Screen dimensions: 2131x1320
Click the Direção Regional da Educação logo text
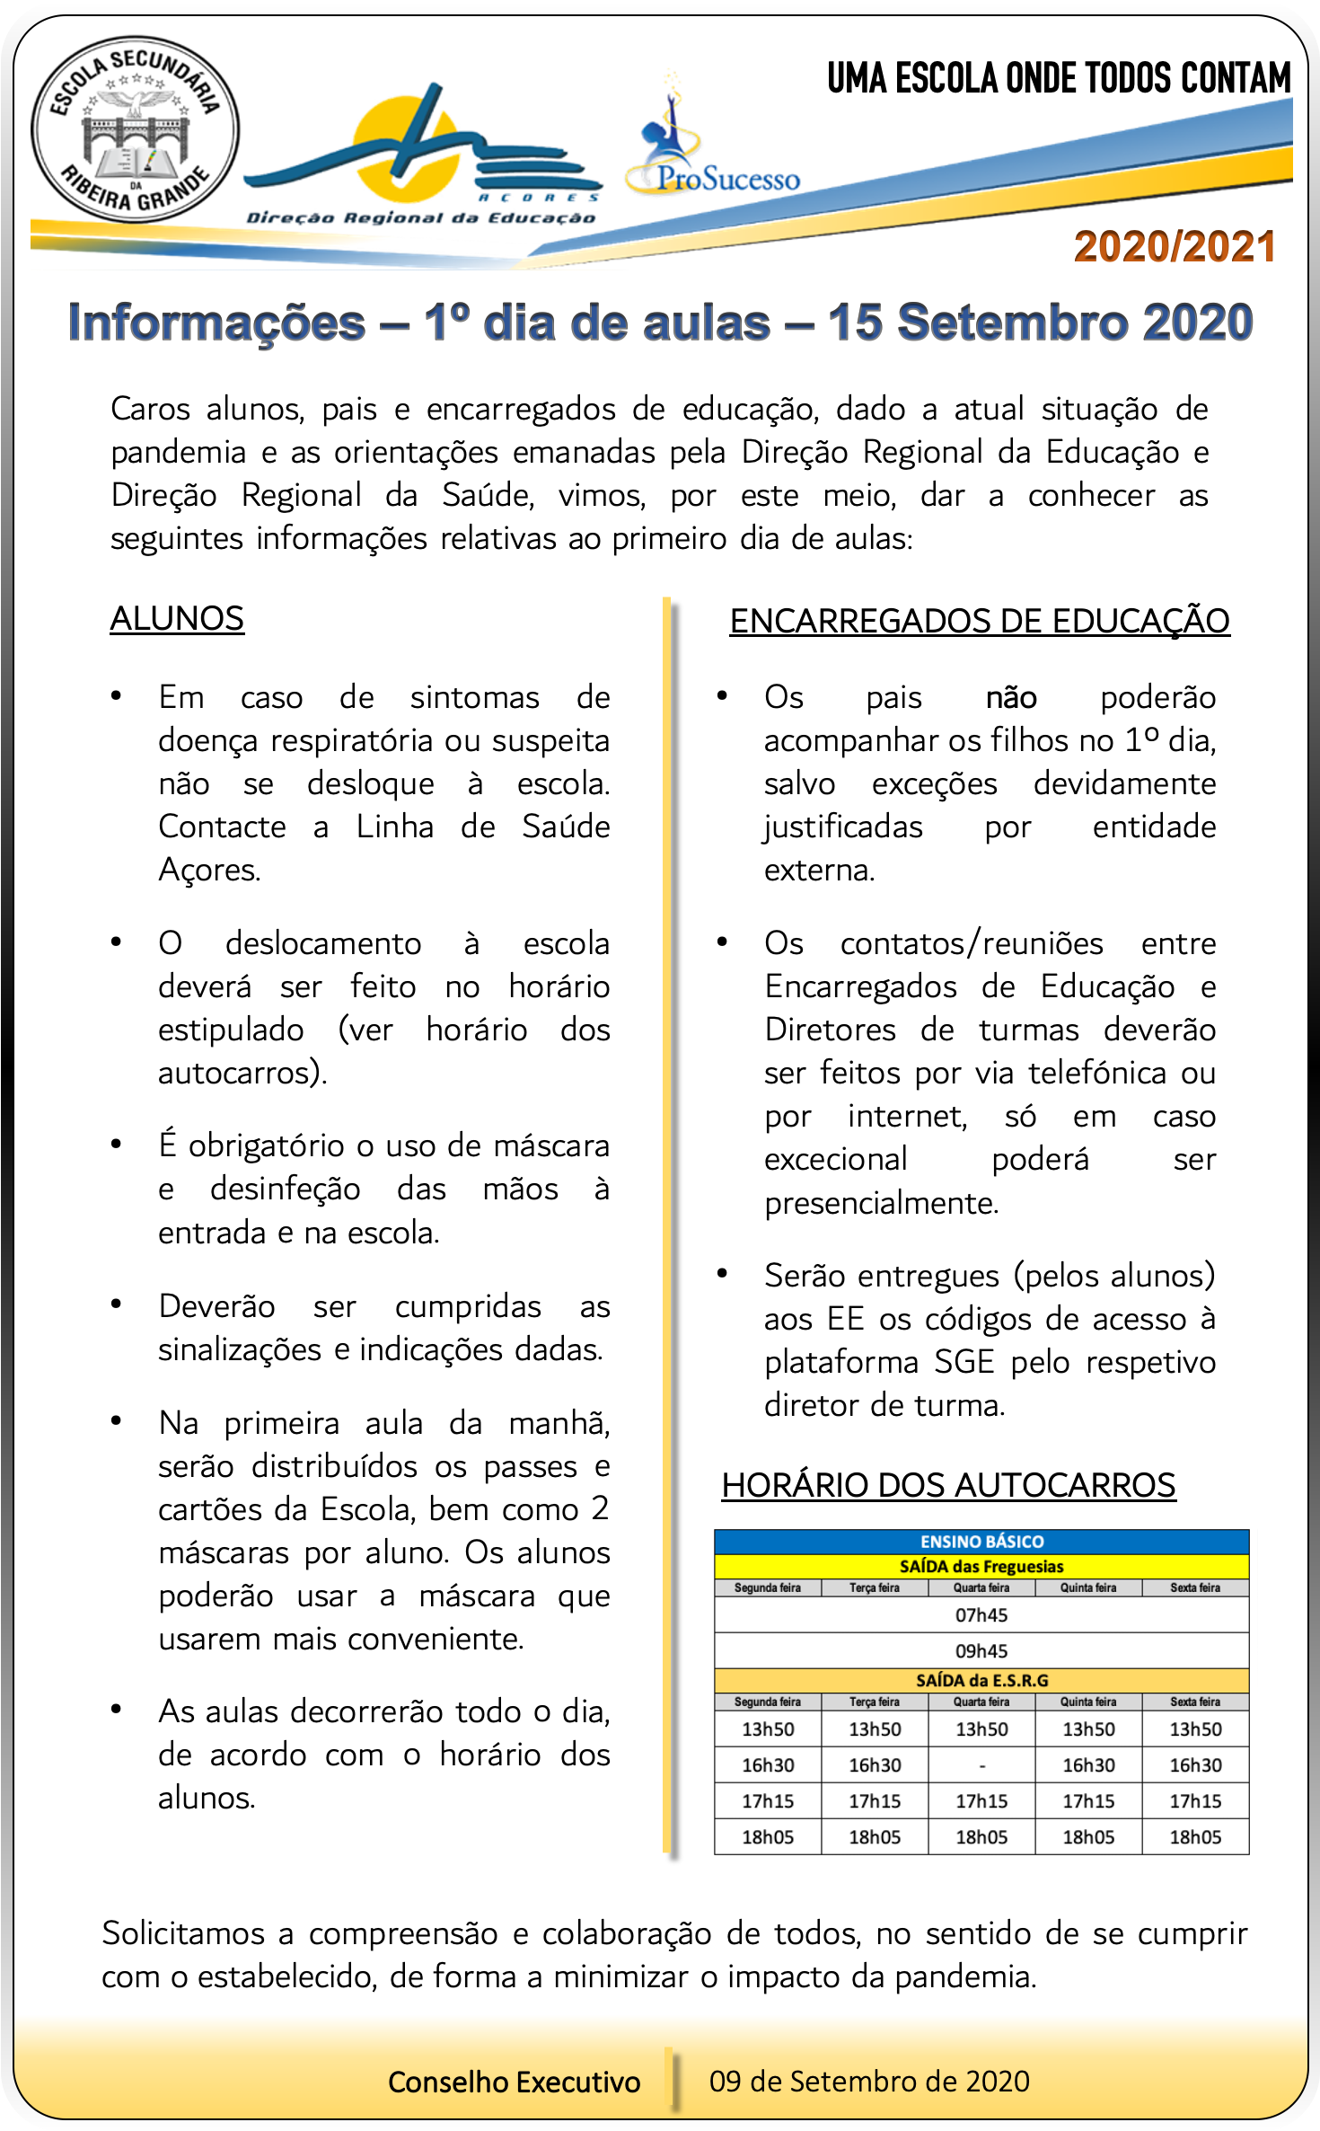point(421,217)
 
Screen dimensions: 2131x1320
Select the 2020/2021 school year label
point(1175,247)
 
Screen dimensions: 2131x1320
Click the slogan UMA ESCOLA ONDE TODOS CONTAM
point(1059,79)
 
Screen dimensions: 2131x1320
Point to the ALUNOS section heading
point(177,618)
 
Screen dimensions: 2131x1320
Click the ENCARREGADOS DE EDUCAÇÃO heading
point(979,621)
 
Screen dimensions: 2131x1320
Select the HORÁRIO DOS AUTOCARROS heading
point(948,1485)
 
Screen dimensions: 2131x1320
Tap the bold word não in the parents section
point(1011,697)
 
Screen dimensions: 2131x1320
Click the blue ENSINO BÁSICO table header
point(981,1542)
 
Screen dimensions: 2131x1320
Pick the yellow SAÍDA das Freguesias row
point(981,1567)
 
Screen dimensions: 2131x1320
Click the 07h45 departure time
point(981,1615)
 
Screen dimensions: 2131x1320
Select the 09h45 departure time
point(981,1651)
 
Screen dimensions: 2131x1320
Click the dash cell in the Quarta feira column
point(981,1765)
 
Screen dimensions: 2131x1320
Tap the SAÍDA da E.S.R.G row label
point(981,1681)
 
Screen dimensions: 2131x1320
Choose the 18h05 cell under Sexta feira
point(1195,1837)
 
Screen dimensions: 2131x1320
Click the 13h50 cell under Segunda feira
point(768,1729)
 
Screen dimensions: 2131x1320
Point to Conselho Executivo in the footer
point(514,2082)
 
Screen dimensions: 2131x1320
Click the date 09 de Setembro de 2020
point(869,2081)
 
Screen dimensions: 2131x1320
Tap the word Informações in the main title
point(216,323)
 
